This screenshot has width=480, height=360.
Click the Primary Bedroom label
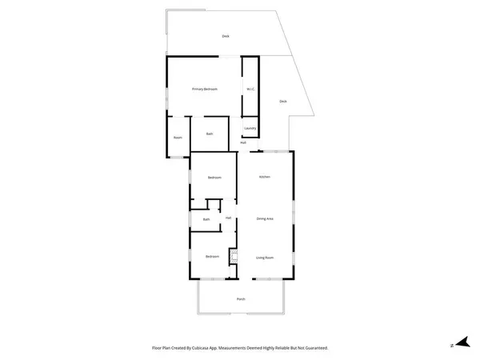[205, 89]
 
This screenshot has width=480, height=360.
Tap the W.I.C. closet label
[250, 89]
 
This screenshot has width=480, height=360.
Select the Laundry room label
[250, 128]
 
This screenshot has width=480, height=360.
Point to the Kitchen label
[264, 176]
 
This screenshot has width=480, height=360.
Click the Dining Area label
[265, 218]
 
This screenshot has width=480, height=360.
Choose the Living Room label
[265, 258]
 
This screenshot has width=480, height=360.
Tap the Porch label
[241, 299]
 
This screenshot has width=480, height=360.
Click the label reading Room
[178, 138]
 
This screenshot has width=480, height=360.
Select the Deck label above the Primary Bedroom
[226, 36]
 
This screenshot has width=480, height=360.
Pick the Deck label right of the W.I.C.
[283, 102]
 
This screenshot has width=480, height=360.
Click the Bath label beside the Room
[210, 134]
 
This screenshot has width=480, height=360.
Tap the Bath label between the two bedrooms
[206, 219]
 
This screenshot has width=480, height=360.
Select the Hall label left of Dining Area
[229, 218]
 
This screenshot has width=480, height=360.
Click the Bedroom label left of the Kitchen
[214, 178]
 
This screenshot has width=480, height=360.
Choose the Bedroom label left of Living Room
[212, 256]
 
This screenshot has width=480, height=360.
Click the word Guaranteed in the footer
[314, 348]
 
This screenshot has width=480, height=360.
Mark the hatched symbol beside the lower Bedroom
[234, 257]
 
